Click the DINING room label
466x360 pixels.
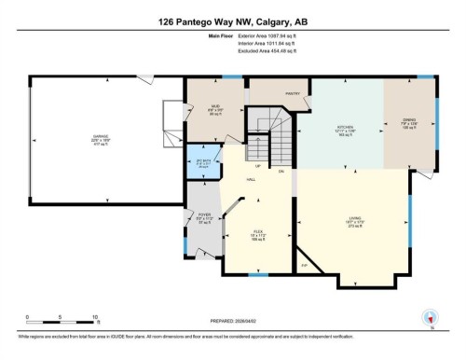pyautogui.click(x=408, y=119)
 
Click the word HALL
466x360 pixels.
pyautogui.click(x=252, y=179)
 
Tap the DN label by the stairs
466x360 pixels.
pyautogui.click(x=280, y=172)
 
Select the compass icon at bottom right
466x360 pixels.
pyautogui.click(x=430, y=318)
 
